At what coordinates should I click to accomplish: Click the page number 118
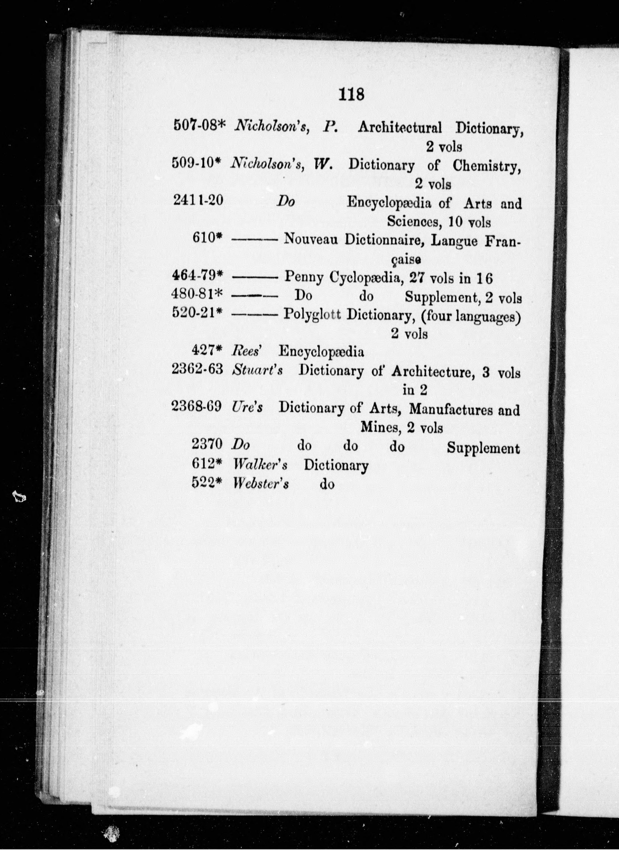[x=351, y=94]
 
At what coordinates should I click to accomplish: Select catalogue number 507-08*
[x=198, y=125]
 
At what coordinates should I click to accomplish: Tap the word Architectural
[x=399, y=128]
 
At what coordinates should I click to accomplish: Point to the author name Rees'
[x=246, y=351]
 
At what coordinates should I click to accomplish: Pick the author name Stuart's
[x=257, y=370]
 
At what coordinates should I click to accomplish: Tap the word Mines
[x=378, y=427]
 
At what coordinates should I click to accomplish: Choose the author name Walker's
[x=260, y=465]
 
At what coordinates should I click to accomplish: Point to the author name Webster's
[x=260, y=484]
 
